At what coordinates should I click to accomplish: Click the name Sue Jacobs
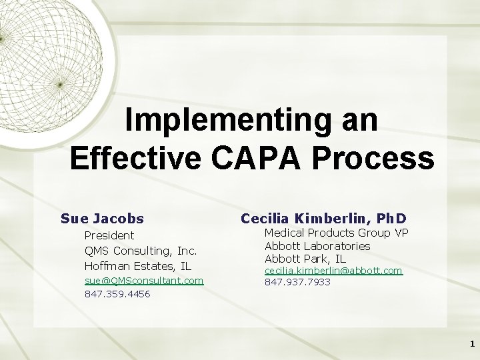pos(102,218)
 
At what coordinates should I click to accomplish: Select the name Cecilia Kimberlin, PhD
pos(323,218)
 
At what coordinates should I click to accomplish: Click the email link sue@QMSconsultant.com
pos(143,281)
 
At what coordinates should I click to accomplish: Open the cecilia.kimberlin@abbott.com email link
pos(333,271)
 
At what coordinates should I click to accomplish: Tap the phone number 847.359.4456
pos(117,293)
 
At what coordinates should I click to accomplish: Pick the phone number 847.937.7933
pos(297,282)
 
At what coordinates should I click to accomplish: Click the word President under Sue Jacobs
pos(109,235)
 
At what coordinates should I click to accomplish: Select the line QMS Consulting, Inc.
pos(141,251)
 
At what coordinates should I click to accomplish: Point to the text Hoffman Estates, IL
pos(138,266)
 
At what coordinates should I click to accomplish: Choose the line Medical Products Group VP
pos(336,233)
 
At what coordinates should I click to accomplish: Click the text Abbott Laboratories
pos(317,245)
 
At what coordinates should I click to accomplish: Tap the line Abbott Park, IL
pos(305,258)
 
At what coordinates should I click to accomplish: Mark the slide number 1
pos(472,344)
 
